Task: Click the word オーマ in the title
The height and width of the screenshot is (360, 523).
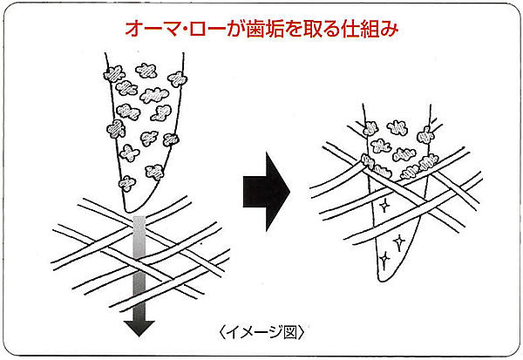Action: click(x=152, y=29)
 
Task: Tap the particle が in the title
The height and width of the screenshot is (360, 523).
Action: click(x=248, y=29)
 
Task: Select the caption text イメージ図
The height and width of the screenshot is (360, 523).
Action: click(x=261, y=332)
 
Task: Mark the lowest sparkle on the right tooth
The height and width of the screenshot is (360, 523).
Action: click(x=384, y=258)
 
